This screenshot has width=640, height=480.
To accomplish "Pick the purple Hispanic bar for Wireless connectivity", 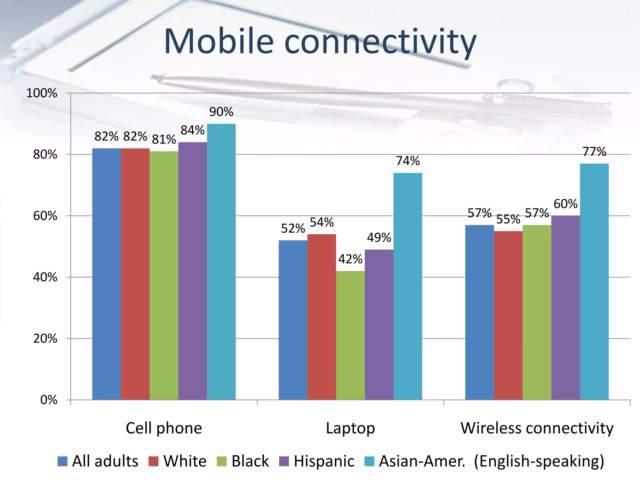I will (x=566, y=308).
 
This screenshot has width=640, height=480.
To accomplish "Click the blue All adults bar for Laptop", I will (x=293, y=320).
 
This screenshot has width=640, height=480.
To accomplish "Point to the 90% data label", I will (x=221, y=112).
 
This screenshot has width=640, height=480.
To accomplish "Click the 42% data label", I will (x=350, y=259).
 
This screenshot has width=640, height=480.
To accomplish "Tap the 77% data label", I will (x=594, y=152).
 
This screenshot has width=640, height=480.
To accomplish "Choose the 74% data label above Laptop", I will (x=408, y=161).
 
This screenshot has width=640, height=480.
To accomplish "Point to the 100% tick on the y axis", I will (x=42, y=93).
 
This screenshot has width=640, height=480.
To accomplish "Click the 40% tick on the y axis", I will (x=45, y=277).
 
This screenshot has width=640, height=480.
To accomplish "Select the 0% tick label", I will (x=49, y=400).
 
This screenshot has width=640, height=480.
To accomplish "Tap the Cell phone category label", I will (x=164, y=428).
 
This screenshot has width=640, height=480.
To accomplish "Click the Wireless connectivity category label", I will (x=537, y=428).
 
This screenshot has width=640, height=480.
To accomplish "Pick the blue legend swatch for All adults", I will (x=62, y=461).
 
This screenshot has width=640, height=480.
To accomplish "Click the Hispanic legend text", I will (x=324, y=461).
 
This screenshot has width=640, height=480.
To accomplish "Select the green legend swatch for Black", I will (x=222, y=461).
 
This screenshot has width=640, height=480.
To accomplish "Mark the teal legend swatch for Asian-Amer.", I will (x=369, y=461).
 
